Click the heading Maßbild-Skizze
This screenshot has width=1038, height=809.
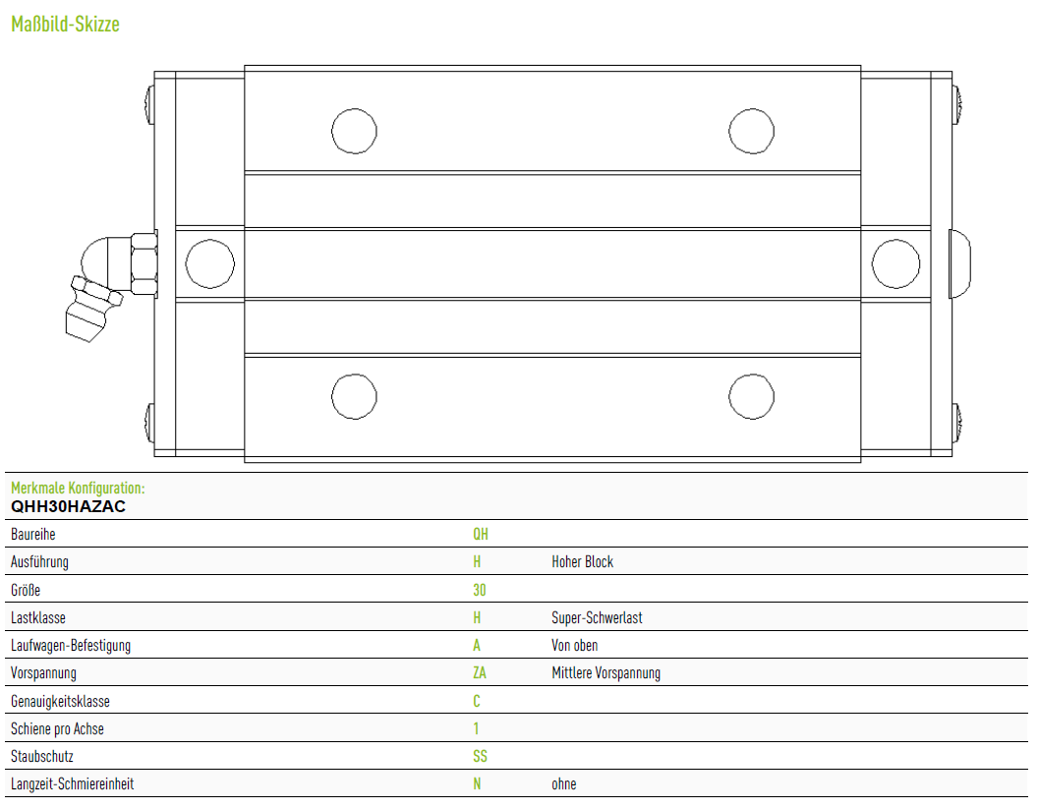coord(65,25)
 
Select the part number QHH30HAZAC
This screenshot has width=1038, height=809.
coord(68,506)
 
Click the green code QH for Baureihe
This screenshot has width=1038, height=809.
coord(481,535)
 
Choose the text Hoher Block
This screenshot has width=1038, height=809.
coord(583,562)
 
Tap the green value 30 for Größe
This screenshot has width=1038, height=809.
coord(480,590)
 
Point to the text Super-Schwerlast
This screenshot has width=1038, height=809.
coord(597,617)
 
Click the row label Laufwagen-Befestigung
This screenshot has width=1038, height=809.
coord(71,646)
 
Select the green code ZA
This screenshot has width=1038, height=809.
coord(480,673)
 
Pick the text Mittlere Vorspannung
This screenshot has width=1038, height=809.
coord(605,673)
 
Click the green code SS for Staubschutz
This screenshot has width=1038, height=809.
coord(480,756)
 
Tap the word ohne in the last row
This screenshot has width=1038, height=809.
coord(564,783)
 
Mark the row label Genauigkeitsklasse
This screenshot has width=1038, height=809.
coord(60,701)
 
